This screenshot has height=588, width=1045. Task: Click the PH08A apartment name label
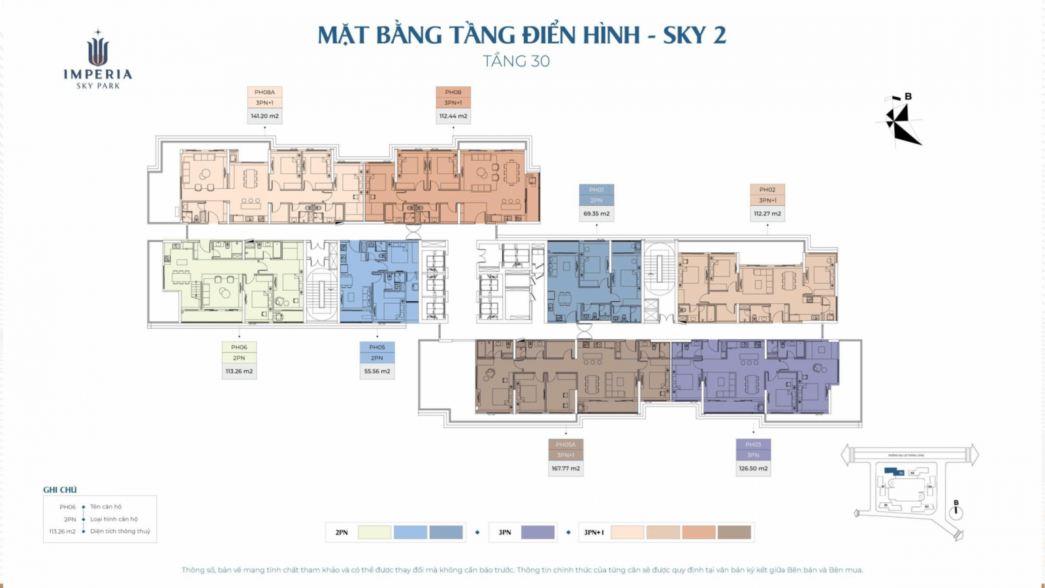click(265, 92)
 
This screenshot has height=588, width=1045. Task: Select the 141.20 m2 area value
click(265, 116)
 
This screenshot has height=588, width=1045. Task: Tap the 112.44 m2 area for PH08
click(453, 116)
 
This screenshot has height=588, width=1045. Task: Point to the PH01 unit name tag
click(596, 190)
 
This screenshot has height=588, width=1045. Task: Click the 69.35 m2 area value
click(596, 214)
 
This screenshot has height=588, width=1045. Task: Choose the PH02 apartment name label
click(767, 190)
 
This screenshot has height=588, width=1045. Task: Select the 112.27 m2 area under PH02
click(767, 214)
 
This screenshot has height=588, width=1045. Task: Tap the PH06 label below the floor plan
click(239, 348)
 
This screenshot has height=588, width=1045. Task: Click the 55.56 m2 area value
click(377, 371)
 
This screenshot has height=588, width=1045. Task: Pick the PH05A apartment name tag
click(566, 445)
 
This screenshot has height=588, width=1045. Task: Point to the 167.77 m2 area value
click(566, 468)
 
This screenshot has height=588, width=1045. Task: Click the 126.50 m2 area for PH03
click(753, 468)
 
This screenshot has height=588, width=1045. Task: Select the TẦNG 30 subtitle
click(516, 61)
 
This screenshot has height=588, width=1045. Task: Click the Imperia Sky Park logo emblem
click(98, 51)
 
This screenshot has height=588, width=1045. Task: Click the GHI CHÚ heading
click(60, 490)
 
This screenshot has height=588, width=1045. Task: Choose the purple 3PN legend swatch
click(538, 532)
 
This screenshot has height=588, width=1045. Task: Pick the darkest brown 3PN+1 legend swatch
click(734, 532)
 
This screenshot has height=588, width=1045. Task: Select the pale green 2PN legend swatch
click(374, 532)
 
